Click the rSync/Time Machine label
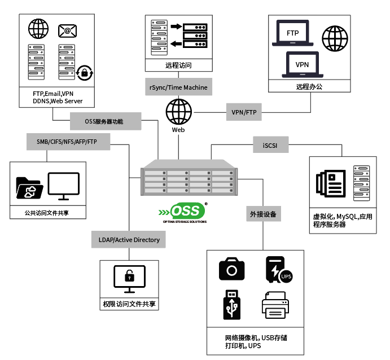(178, 87)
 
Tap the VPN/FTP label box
(244, 112)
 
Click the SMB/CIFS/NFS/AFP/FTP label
(63, 141)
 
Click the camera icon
(231, 269)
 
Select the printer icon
(276, 305)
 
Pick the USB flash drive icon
(231, 305)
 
